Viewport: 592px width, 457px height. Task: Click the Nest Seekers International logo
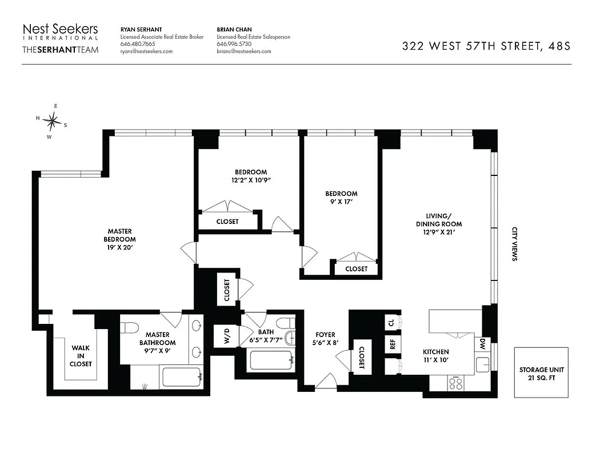[60, 38]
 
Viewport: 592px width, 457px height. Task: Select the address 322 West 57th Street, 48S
[486, 47]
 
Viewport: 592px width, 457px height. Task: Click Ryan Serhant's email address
[146, 51]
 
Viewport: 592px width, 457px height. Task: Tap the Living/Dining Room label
[438, 224]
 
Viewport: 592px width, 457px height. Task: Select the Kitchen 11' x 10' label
[435, 356]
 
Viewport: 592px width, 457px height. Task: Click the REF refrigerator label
[393, 344]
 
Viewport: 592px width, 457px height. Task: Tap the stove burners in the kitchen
[456, 382]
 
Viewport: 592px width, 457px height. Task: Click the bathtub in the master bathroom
[181, 378]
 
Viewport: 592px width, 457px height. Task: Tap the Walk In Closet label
[81, 355]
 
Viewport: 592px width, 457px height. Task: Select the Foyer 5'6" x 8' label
[326, 339]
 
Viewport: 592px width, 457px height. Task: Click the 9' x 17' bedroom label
[342, 198]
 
